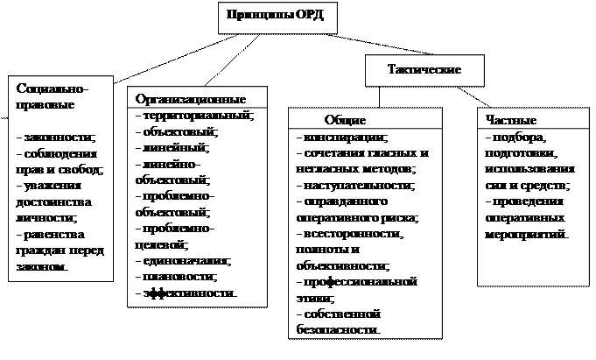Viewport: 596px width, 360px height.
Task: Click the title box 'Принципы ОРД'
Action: [x=276, y=15]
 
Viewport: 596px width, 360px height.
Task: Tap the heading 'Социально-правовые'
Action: [x=53, y=95]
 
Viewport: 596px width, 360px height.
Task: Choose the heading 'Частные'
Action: [x=511, y=120]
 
